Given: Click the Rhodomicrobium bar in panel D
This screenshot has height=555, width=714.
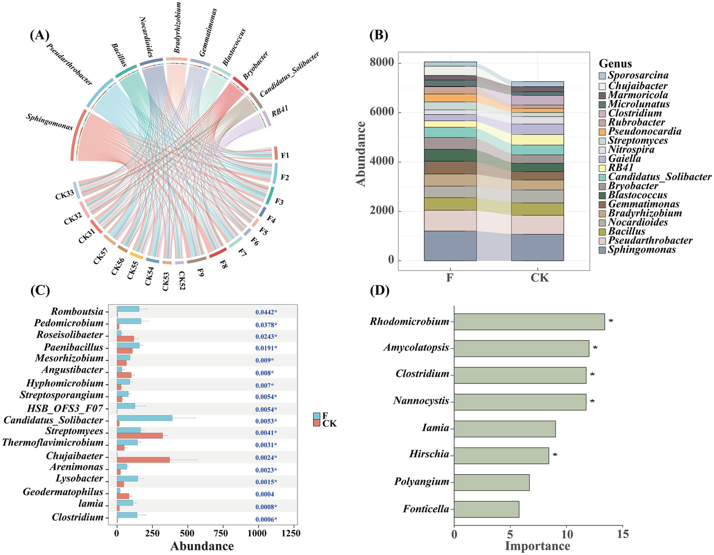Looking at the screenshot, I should tap(529, 322).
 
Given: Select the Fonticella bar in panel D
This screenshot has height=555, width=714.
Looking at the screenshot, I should tap(486, 509).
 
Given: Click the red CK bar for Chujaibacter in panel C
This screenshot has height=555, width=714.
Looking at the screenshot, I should tap(143, 460).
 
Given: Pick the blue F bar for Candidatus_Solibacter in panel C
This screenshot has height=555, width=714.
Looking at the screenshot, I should tap(144, 418).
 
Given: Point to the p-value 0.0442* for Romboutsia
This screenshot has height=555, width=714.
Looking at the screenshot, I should tap(266, 312).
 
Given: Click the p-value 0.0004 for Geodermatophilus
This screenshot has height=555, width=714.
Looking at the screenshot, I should tap(265, 494).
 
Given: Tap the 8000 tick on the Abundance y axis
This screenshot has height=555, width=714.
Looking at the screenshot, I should tap(381, 62).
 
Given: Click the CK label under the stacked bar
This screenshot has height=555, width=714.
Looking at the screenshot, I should tap(540, 277).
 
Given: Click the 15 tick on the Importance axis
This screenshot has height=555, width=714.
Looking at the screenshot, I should tap(623, 534).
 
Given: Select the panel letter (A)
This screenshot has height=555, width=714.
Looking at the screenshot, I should tap(39, 35).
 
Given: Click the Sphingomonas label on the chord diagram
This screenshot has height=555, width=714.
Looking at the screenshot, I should tap(49, 122).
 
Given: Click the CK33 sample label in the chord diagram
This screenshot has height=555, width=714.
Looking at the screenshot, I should tap(65, 195).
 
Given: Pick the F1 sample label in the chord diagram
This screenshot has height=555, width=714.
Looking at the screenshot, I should tap(285, 155).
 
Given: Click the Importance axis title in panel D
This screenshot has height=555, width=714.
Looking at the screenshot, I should tap(537, 546).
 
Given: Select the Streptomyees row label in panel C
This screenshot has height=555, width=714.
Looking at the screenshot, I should tap(74, 431).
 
